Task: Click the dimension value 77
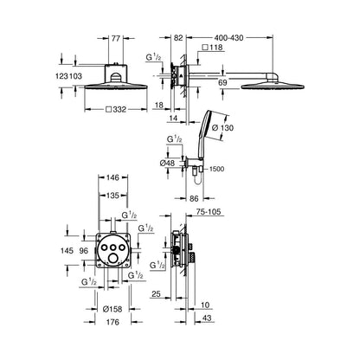115,38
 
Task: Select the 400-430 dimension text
228,38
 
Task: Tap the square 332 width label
116,110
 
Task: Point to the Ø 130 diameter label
222,128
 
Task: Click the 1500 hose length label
216,169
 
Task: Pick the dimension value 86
195,198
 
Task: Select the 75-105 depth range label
209,212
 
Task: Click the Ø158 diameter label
112,309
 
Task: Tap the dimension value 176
112,322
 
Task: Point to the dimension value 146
112,177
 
